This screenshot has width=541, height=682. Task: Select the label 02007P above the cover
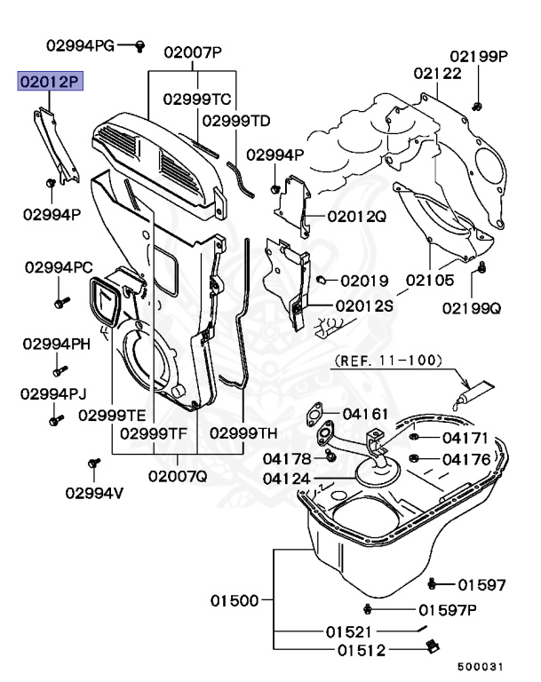tap(192, 52)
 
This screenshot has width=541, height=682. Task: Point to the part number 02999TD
tap(235, 120)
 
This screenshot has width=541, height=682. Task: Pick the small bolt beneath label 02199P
tap(478, 107)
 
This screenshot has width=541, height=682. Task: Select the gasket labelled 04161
tap(313, 414)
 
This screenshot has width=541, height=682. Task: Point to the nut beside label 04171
tap(415, 438)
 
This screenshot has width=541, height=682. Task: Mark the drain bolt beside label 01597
tap(433, 583)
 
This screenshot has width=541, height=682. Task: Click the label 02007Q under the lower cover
tap(177, 475)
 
